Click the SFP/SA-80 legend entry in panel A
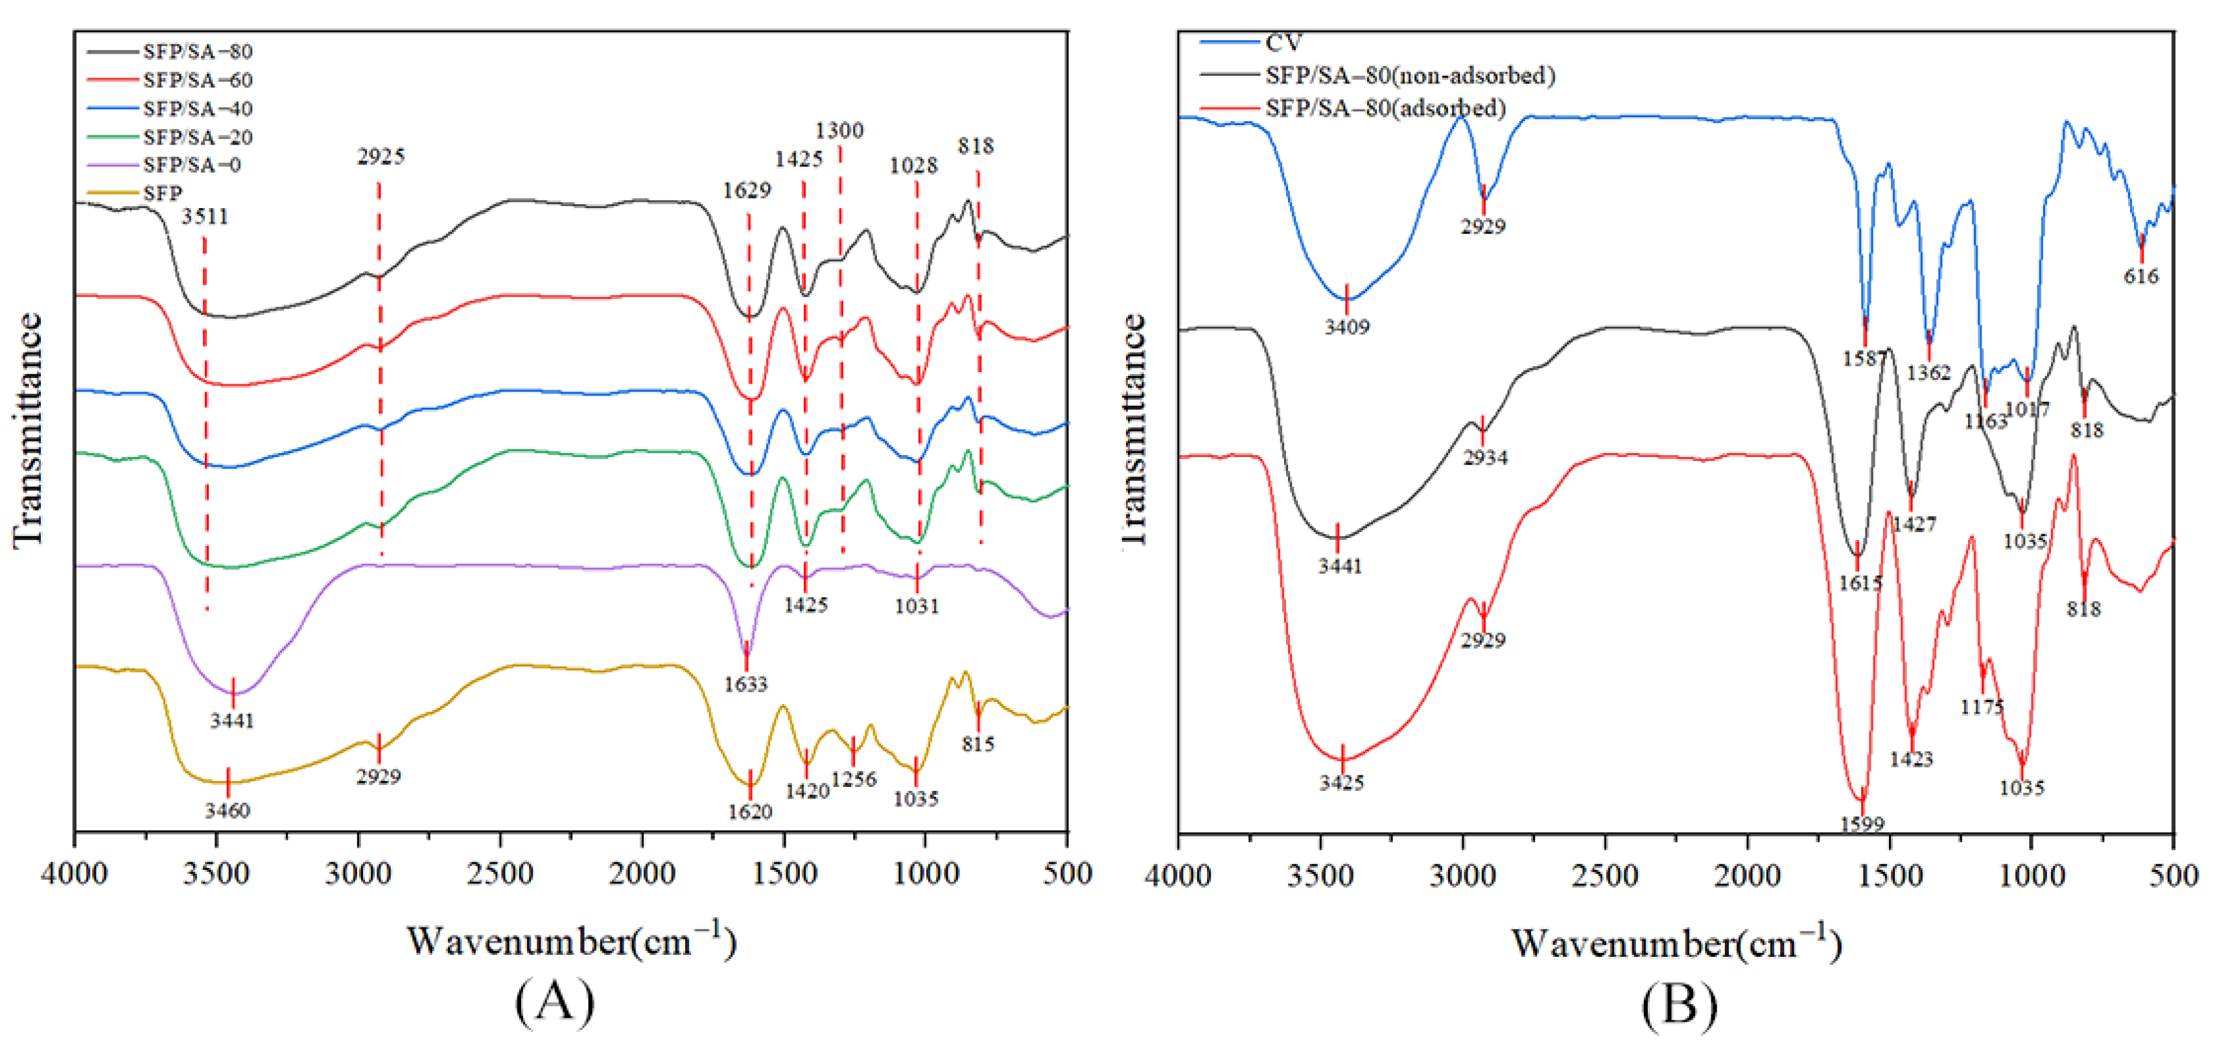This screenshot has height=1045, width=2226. point(197,52)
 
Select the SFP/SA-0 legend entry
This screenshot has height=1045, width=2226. point(192,165)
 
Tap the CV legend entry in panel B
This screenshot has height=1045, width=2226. point(1282,42)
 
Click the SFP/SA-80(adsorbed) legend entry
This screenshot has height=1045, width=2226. point(1385,109)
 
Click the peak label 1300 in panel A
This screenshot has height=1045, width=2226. point(839,130)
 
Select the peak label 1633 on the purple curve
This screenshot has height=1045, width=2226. point(745,685)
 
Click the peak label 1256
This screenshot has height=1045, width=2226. point(854,780)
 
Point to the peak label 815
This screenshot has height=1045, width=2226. point(978,744)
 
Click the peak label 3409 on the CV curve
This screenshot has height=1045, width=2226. point(1346,327)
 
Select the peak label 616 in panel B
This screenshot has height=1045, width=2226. point(2140,277)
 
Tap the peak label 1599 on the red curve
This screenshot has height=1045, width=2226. point(1861,825)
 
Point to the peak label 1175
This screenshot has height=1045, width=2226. point(1982,708)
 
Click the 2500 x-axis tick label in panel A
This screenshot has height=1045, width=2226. point(500,875)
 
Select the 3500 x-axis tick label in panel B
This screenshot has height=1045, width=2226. point(1320,876)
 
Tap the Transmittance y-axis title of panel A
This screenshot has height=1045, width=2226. point(28,430)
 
